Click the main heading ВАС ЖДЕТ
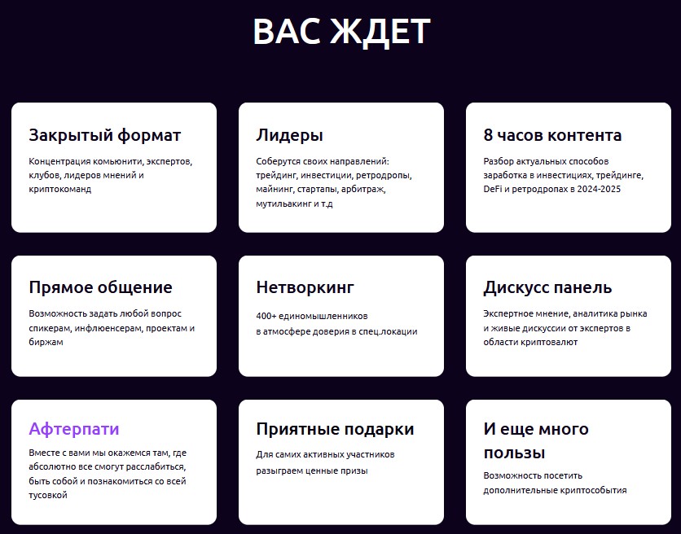pyautogui.click(x=341, y=32)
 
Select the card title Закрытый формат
pyautogui.click(x=104, y=135)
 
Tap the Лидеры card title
pyautogui.click(x=289, y=135)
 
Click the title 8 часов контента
pyautogui.click(x=552, y=135)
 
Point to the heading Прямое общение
pyautogui.click(x=100, y=287)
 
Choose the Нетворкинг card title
pyautogui.click(x=305, y=287)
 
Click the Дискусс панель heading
pyautogui.click(x=547, y=287)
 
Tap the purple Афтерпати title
pyautogui.click(x=74, y=428)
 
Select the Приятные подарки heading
pyautogui.click(x=335, y=429)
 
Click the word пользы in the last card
pyautogui.click(x=514, y=453)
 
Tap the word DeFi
pyautogui.click(x=493, y=189)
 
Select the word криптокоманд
pyautogui.click(x=60, y=190)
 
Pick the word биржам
pyautogui.click(x=46, y=342)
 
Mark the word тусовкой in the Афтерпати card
pyautogui.click(x=48, y=495)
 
